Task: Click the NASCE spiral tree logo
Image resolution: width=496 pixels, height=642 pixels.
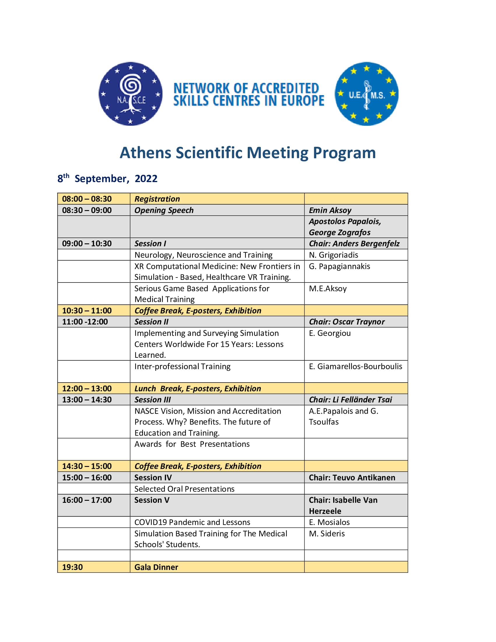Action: click(130, 94)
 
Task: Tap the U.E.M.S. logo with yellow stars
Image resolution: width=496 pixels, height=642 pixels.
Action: click(366, 94)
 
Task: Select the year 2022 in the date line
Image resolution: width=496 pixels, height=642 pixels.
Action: click(146, 179)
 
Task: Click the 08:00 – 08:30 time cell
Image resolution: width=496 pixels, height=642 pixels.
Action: click(87, 199)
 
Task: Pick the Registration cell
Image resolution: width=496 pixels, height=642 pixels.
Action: click(157, 199)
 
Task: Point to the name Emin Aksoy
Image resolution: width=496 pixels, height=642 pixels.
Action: click(330, 210)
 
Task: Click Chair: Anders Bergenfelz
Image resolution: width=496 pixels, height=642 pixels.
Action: click(354, 244)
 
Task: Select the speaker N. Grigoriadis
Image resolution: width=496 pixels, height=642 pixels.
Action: click(333, 255)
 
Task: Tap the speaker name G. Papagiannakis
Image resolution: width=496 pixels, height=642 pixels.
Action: click(339, 266)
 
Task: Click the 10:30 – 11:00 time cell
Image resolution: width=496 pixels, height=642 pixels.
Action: click(87, 311)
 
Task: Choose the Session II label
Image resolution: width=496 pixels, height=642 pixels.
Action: click(151, 322)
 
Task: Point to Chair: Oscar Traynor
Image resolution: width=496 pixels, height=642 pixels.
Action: click(347, 322)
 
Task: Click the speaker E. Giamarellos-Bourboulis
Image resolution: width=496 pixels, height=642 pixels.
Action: click(356, 367)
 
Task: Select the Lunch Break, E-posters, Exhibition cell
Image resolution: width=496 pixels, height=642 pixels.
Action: click(198, 389)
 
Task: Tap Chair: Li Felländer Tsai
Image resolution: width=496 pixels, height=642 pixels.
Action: click(350, 400)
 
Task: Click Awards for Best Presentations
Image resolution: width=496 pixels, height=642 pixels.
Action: click(192, 444)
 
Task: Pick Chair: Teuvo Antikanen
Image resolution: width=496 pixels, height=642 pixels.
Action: click(352, 478)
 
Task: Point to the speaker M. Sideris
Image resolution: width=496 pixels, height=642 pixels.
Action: click(327, 533)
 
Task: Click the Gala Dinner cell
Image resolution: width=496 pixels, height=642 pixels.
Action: click(156, 567)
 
